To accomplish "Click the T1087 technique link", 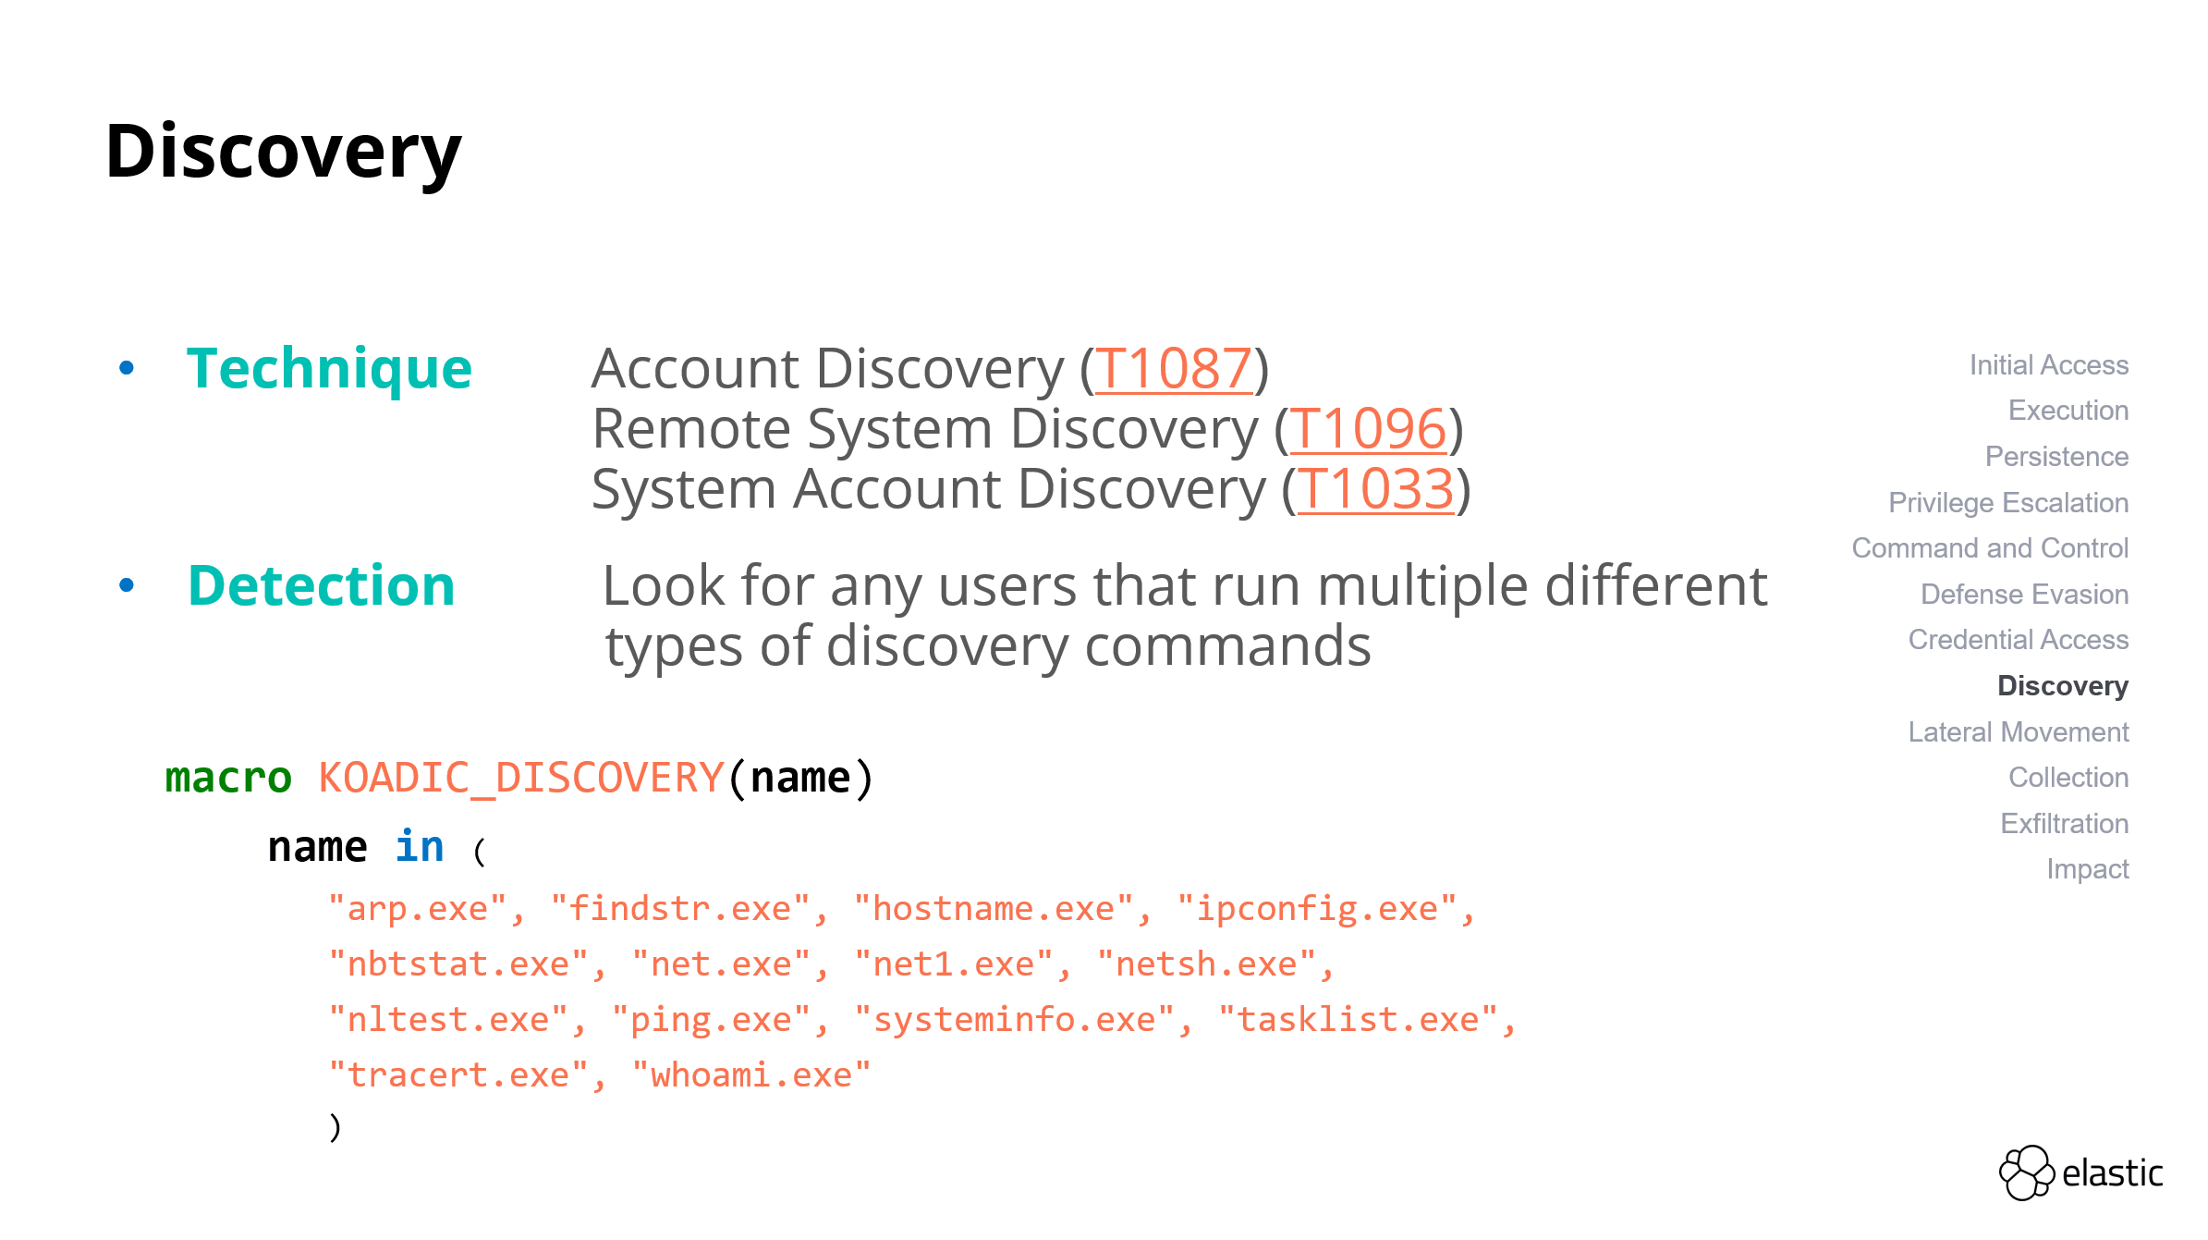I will (1173, 369).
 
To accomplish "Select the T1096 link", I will (1367, 429).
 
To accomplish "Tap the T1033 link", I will (1374, 489).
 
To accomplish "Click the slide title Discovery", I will (283, 152).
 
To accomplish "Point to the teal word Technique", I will (329, 369).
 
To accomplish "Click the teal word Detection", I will (321, 586).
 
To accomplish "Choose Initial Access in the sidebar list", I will (2048, 365).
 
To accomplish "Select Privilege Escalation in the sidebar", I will (2007, 503).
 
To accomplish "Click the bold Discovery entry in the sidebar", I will (2062, 686).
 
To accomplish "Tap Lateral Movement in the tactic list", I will (2018, 732).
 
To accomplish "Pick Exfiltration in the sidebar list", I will (2064, 824).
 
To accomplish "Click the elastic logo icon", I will (2026, 1172).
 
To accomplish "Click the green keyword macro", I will (228, 778).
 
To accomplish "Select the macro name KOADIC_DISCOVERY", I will (521, 778).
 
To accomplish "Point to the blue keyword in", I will (420, 847).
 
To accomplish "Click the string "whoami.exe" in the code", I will (751, 1075).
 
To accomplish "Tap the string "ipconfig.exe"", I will (1317, 909).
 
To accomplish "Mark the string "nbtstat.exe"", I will (458, 964).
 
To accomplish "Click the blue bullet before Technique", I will (127, 368).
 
